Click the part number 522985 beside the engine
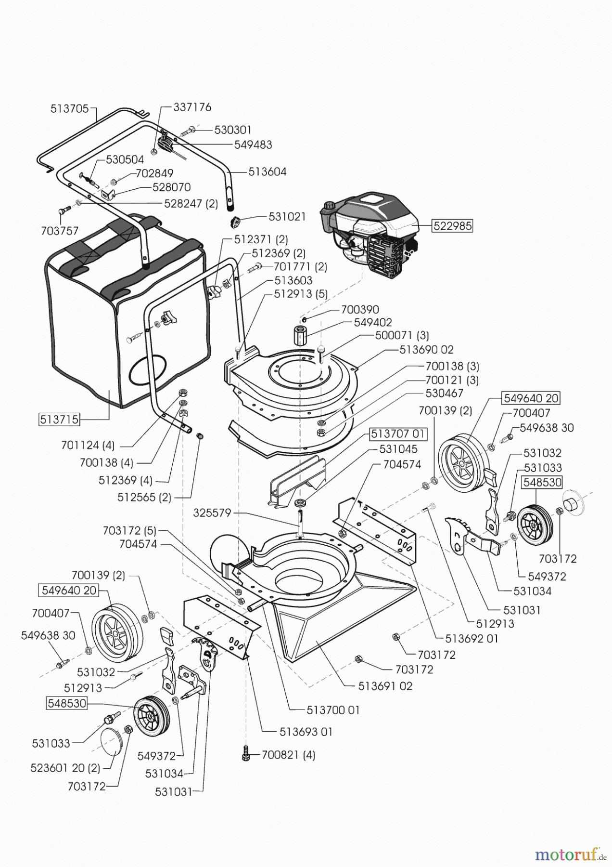click(x=453, y=225)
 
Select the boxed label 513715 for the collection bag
click(x=59, y=419)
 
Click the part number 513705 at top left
click(x=70, y=109)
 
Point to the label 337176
click(x=192, y=107)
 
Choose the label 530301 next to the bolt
click(x=233, y=130)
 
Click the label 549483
click(x=253, y=144)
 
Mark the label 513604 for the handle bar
click(x=268, y=171)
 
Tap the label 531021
click(x=287, y=217)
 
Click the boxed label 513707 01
click(x=398, y=434)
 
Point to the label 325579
click(x=213, y=513)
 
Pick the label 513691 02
click(x=385, y=685)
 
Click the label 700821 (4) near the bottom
click(x=288, y=755)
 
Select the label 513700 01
click(x=333, y=710)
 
